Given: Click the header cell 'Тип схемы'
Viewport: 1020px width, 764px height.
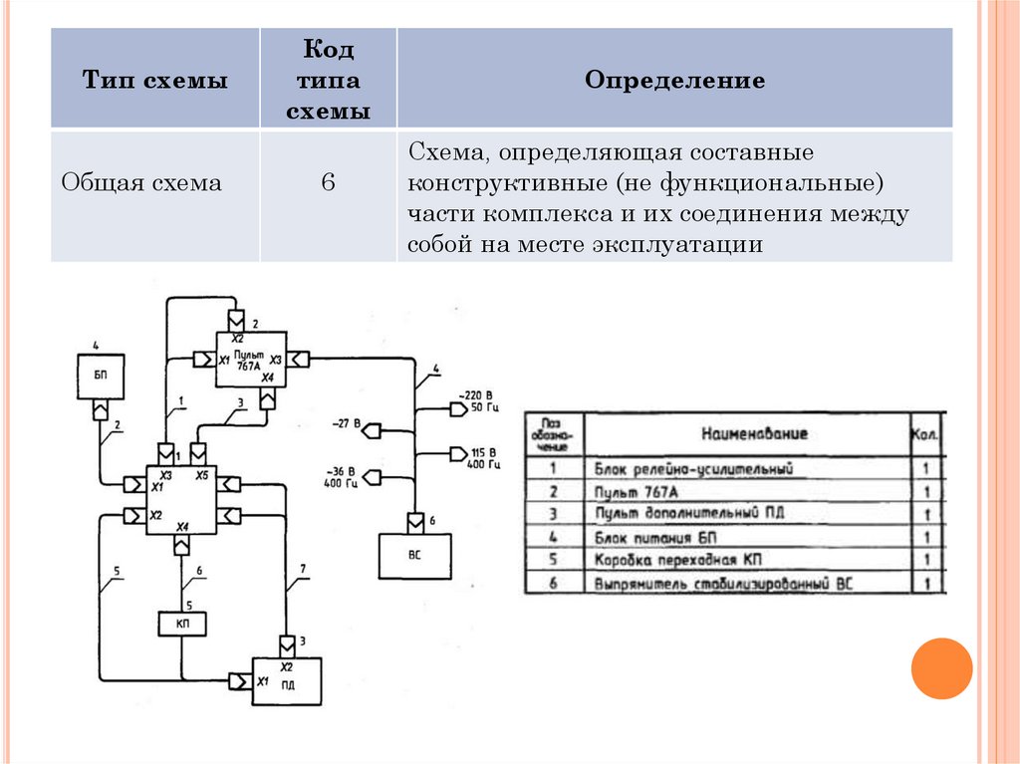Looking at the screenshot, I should point(154,81).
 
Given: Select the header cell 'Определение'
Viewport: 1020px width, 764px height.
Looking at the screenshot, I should point(674,81).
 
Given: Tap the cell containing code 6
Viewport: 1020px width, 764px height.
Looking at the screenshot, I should point(328,183).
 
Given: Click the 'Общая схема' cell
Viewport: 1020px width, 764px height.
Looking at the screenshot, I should point(141,183).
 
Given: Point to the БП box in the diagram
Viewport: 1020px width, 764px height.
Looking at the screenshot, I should point(101,377).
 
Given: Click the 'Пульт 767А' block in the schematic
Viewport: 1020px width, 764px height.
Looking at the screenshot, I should point(252,360).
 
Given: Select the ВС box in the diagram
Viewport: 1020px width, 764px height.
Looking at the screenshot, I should point(414,555).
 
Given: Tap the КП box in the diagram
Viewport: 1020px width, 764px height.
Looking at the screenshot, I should point(183,624).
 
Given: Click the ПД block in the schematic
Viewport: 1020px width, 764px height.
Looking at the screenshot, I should point(286,682).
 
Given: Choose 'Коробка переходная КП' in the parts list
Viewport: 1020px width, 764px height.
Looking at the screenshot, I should point(687,559).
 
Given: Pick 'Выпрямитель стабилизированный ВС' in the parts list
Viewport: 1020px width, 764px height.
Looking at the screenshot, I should point(723,583).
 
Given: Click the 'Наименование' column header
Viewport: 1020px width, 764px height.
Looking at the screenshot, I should point(754,433).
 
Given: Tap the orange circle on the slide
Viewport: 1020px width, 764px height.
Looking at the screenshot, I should point(940,667).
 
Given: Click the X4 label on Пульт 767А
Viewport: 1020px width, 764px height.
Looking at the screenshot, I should point(267,379).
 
